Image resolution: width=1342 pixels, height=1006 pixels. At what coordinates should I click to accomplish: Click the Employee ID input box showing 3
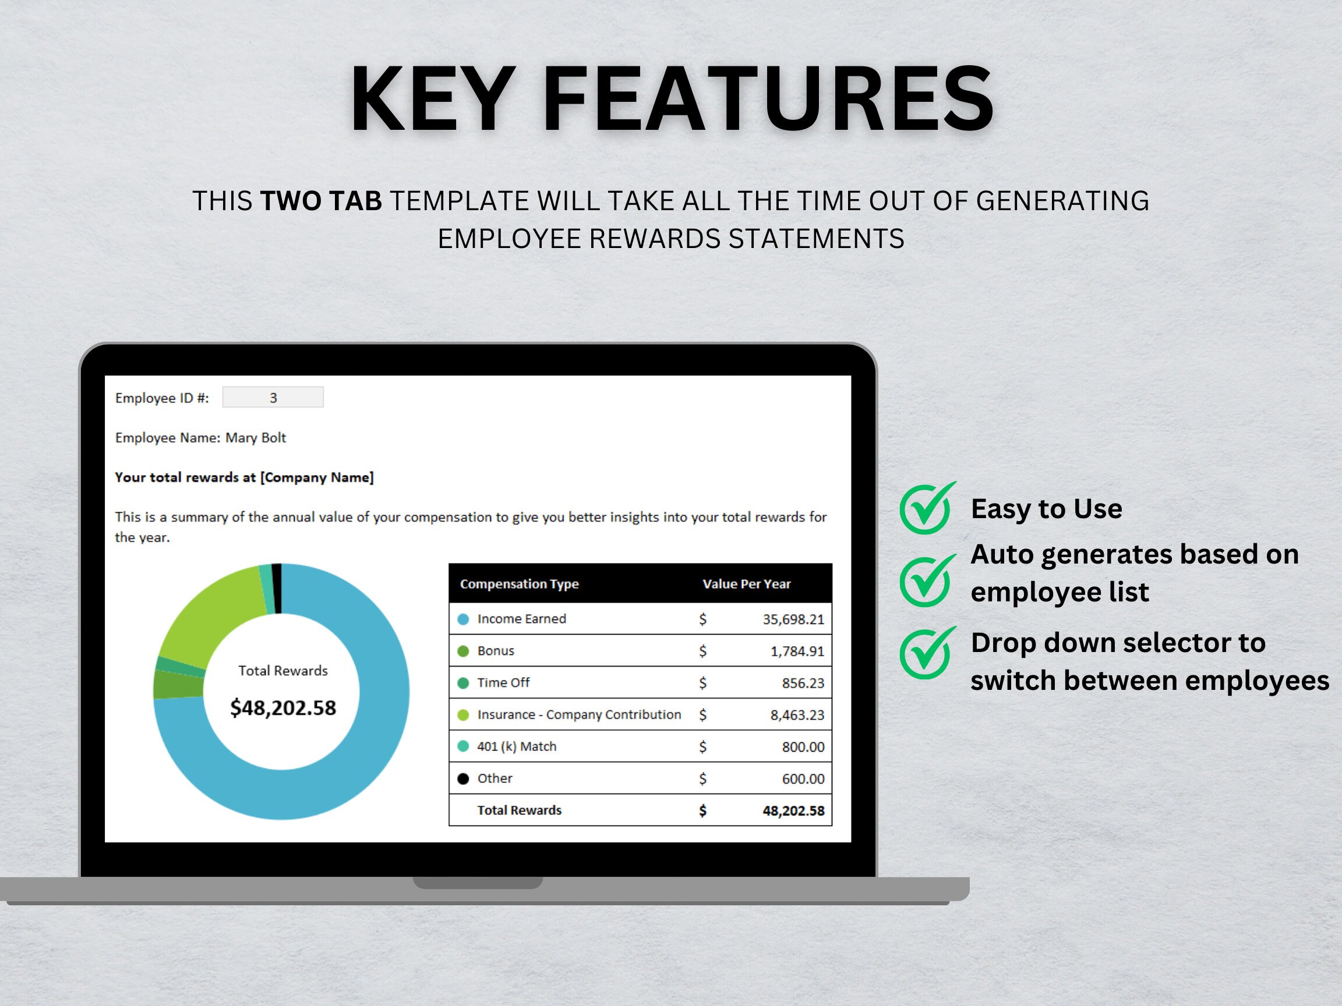click(x=273, y=397)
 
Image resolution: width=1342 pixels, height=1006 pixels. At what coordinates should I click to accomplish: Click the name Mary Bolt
click(x=256, y=438)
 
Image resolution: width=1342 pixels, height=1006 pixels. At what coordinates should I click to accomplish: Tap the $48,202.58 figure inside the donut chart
click(x=282, y=708)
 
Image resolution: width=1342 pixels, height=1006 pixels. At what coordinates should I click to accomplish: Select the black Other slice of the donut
click(x=277, y=588)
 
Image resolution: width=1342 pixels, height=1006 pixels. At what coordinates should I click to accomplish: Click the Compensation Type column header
click(x=520, y=583)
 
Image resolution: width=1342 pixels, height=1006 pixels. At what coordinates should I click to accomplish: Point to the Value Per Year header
click(x=746, y=583)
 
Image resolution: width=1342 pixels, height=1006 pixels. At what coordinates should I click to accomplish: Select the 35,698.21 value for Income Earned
click(x=793, y=619)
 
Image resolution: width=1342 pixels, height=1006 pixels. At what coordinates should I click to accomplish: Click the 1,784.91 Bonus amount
click(x=797, y=651)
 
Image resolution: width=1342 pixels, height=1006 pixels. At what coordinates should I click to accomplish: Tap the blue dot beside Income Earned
click(x=463, y=619)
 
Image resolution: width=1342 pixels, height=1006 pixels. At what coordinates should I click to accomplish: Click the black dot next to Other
click(x=463, y=778)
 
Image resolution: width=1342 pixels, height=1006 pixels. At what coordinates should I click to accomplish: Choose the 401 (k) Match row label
click(x=516, y=746)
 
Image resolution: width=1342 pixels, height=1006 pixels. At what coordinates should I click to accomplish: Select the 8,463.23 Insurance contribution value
click(x=797, y=715)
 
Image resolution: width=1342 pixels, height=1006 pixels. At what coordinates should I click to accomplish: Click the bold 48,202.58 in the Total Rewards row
click(x=793, y=811)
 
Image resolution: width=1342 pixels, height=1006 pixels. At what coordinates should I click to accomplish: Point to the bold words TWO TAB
click(x=321, y=201)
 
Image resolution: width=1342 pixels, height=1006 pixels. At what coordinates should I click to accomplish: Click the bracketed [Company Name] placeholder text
click(x=317, y=477)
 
